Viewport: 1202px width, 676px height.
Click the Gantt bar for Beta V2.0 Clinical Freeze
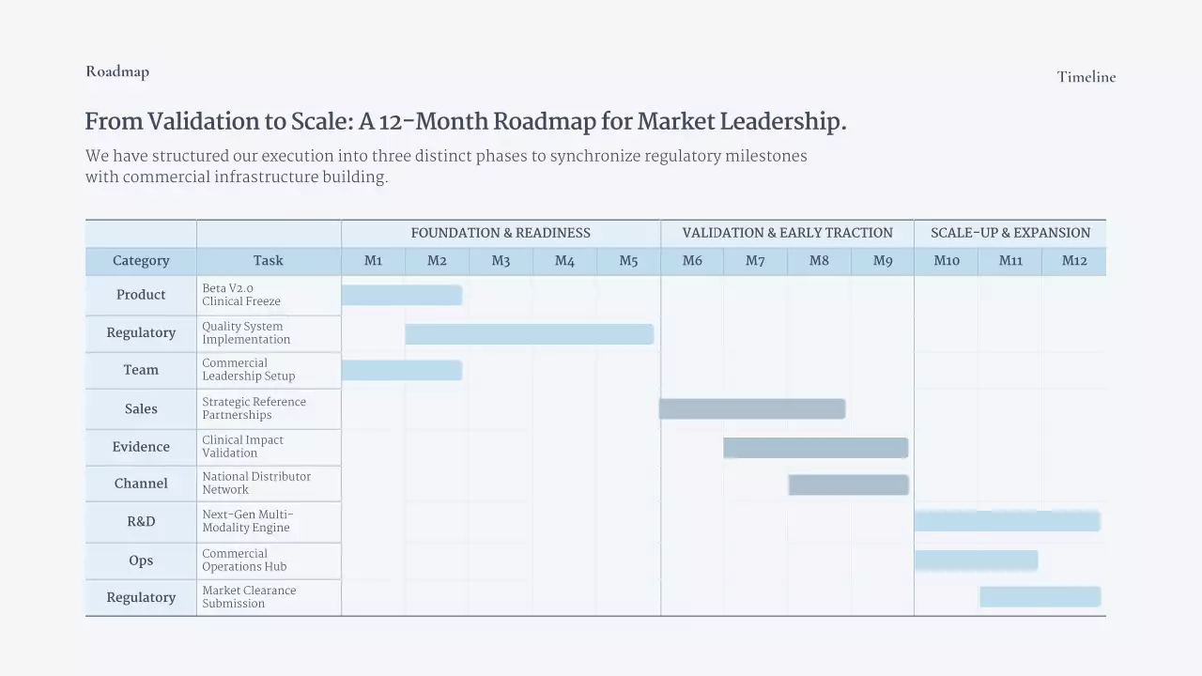[x=402, y=295]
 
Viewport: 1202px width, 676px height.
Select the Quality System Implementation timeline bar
[x=529, y=334]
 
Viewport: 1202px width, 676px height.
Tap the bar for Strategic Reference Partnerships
[x=752, y=408]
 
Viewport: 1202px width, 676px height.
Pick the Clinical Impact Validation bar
[x=815, y=448]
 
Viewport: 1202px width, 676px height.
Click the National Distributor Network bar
[x=848, y=484]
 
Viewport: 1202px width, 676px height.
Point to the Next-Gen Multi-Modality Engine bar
[x=1007, y=521]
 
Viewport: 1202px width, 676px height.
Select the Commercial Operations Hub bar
[x=976, y=561]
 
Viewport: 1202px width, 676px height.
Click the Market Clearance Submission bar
[x=1040, y=597]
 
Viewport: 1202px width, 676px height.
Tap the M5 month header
[x=628, y=261]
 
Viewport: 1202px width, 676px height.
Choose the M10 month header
[x=947, y=261]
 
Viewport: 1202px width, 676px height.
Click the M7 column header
[x=755, y=261]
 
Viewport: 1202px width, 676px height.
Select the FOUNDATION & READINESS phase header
[x=501, y=233]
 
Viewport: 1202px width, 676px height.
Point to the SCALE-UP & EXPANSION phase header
[x=1010, y=233]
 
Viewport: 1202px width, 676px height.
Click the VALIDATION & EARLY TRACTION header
[x=787, y=233]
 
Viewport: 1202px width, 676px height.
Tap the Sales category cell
[x=141, y=409]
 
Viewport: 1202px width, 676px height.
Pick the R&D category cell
[x=141, y=522]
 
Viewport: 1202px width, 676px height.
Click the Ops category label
[x=141, y=561]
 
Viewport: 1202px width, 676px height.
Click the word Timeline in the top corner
[x=1086, y=77]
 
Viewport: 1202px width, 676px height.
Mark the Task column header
[x=268, y=261]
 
